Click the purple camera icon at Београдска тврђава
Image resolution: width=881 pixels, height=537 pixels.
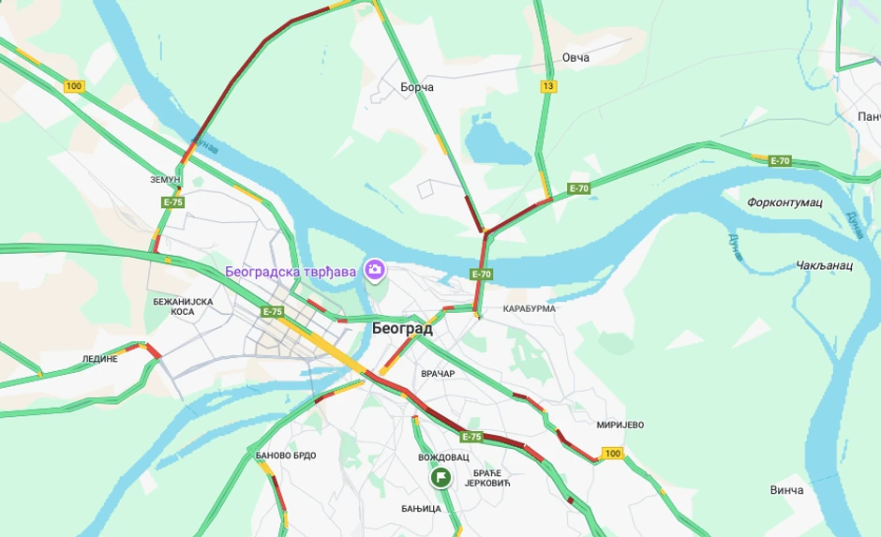coord(375,271)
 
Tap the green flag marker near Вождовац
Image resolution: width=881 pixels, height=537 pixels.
coord(440,478)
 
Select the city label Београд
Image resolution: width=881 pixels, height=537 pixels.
coord(402,329)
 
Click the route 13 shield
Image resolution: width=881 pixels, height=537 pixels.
coord(548,86)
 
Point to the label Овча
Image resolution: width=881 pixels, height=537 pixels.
coord(575,58)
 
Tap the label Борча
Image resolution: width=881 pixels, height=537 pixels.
coord(416,87)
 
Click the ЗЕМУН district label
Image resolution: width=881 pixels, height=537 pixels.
coord(164,179)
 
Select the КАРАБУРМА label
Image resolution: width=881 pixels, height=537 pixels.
coord(529,308)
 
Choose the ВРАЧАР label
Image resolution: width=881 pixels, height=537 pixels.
coord(438,374)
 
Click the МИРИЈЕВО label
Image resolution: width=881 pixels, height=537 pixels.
coord(619,425)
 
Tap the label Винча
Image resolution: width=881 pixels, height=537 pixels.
coord(786,490)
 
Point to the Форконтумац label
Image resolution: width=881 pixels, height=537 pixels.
coord(784,202)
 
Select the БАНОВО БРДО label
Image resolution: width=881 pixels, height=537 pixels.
coord(286,455)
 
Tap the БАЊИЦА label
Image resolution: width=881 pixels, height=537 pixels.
coord(420,509)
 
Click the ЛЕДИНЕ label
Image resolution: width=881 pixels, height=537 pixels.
coord(100,359)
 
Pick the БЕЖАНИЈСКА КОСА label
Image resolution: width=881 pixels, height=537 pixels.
coord(184,306)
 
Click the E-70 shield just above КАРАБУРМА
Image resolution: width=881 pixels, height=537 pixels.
coord(481,275)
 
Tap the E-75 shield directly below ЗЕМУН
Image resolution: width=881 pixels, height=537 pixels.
coord(172,201)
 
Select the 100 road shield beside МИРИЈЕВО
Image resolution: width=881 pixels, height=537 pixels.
coord(612,454)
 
